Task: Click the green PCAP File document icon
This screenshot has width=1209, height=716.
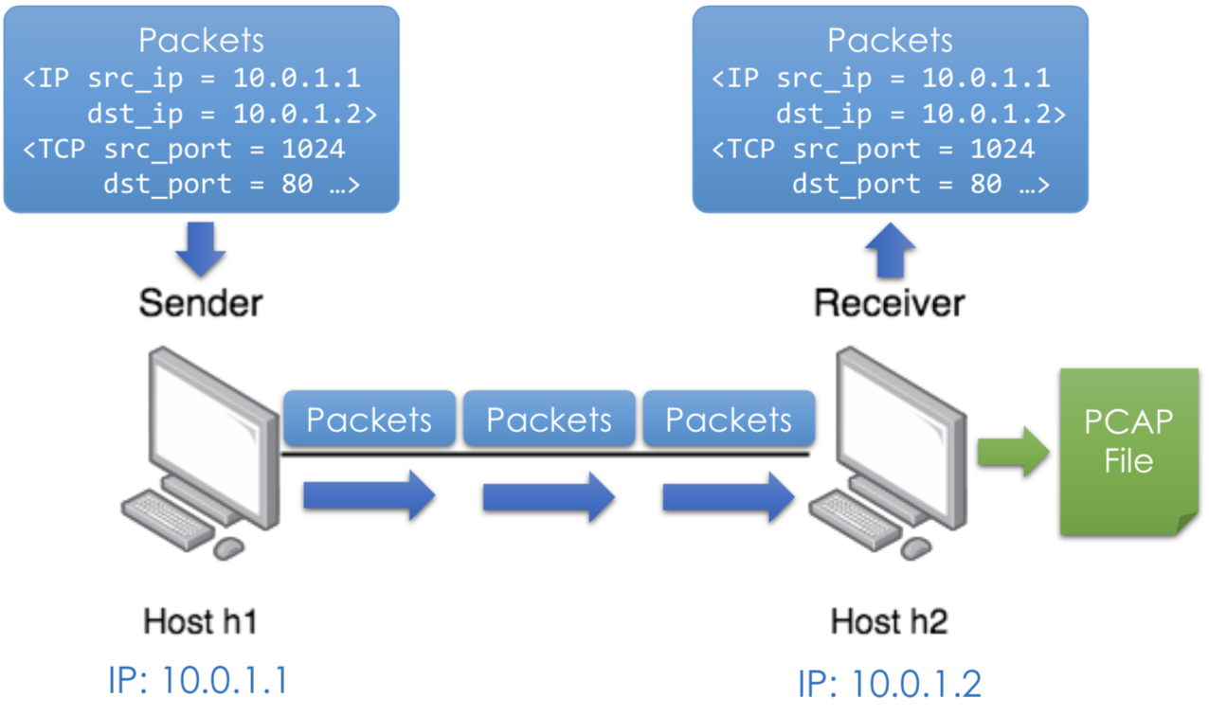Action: (1128, 445)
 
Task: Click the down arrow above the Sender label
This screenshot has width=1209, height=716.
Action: (201, 249)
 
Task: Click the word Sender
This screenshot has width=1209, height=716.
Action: (201, 303)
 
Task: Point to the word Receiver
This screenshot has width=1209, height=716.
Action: (890, 303)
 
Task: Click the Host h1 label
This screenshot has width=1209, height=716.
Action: (201, 622)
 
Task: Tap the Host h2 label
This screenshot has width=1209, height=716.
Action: (890, 622)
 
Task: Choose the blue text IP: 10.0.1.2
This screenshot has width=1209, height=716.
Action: (890, 683)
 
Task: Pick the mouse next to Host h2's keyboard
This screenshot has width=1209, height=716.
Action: (915, 547)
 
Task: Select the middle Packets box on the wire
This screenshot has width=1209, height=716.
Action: (549, 420)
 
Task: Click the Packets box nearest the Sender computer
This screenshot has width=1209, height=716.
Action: (370, 420)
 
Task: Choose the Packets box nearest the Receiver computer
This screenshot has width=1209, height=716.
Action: (729, 420)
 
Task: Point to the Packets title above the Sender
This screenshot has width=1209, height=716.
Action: (201, 41)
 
